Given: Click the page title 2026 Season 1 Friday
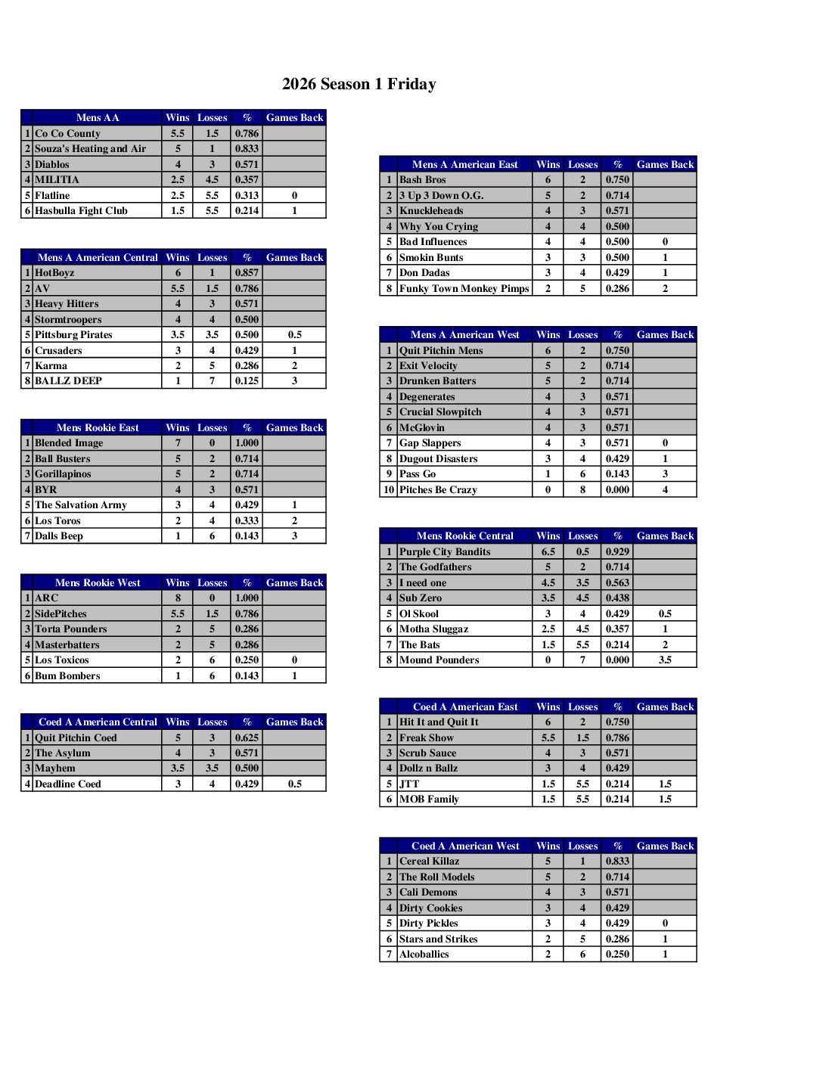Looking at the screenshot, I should click(x=359, y=84).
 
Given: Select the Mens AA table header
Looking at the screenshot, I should click(x=98, y=117).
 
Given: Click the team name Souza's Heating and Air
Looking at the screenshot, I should click(x=90, y=149).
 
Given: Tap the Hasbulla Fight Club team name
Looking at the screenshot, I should click(x=81, y=211).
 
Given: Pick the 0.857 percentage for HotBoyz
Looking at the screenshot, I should click(x=247, y=273).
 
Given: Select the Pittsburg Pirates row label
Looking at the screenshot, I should click(x=73, y=335).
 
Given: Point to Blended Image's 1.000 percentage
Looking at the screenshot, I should click(x=247, y=443).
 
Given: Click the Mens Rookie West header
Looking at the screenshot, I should click(x=98, y=582).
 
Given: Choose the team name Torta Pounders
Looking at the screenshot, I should click(x=71, y=629).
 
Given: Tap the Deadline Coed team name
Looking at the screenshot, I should click(x=68, y=784).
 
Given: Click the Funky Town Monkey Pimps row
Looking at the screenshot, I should click(x=464, y=289).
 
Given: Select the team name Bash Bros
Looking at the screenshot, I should click(x=423, y=180).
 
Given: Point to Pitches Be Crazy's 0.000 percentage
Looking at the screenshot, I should click(x=617, y=490).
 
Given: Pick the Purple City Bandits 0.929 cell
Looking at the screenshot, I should click(x=617, y=552).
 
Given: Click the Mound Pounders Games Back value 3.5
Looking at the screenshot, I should click(x=665, y=660).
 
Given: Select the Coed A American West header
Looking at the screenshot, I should click(x=465, y=846).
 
